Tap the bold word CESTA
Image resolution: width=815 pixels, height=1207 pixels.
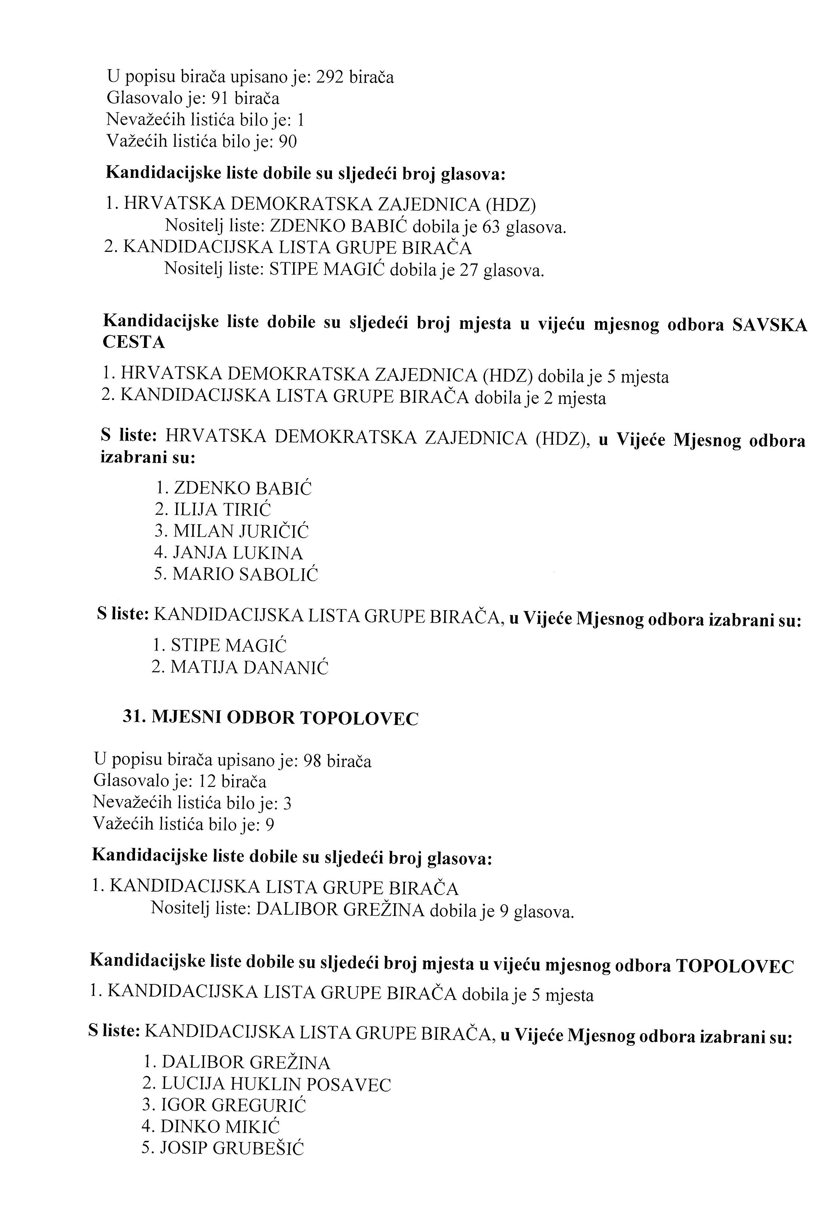click(134, 342)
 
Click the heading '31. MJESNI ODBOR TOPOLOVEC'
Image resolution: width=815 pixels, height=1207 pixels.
click(270, 718)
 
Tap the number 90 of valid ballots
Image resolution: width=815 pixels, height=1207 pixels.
click(288, 141)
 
